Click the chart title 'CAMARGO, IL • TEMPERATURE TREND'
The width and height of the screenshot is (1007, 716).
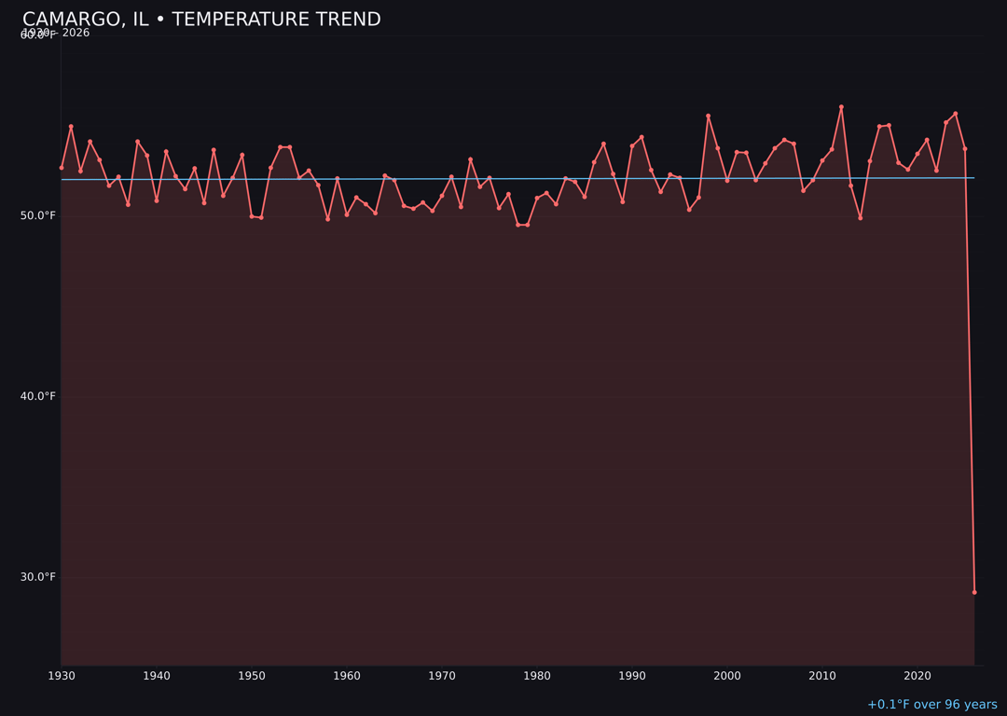click(x=201, y=20)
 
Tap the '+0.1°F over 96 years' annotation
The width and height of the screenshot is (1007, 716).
click(x=931, y=705)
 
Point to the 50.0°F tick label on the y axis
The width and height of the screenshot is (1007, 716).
click(x=38, y=215)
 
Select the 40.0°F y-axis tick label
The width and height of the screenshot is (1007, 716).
click(x=38, y=396)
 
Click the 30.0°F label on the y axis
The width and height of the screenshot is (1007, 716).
click(x=38, y=577)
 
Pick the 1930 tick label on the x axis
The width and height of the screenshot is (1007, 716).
click(x=62, y=676)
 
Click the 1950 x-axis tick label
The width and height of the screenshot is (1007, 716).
click(x=252, y=676)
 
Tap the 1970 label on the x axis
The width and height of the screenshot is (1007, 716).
click(x=442, y=676)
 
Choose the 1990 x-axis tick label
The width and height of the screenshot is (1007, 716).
click(x=632, y=676)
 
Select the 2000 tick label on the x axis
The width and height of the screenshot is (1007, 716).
click(x=727, y=676)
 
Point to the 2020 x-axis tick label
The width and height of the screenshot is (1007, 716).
click(x=917, y=676)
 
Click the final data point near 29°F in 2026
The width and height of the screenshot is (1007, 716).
click(x=974, y=592)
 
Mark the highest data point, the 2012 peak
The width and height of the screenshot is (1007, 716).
click(x=841, y=107)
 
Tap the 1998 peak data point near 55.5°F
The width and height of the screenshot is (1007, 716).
click(x=708, y=116)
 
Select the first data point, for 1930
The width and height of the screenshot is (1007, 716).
click(x=62, y=168)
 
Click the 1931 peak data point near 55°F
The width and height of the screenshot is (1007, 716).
click(x=71, y=127)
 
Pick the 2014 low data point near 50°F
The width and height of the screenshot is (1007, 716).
click(x=861, y=217)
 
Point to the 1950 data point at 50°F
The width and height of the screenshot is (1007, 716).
click(x=252, y=216)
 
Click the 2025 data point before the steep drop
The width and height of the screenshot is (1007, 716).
click(x=965, y=149)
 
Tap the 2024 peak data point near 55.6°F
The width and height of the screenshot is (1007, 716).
click(x=956, y=114)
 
